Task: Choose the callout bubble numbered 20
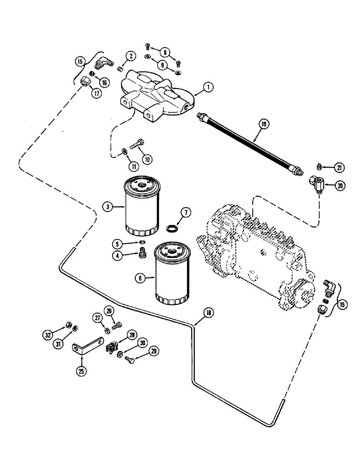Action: coord(328,185)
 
